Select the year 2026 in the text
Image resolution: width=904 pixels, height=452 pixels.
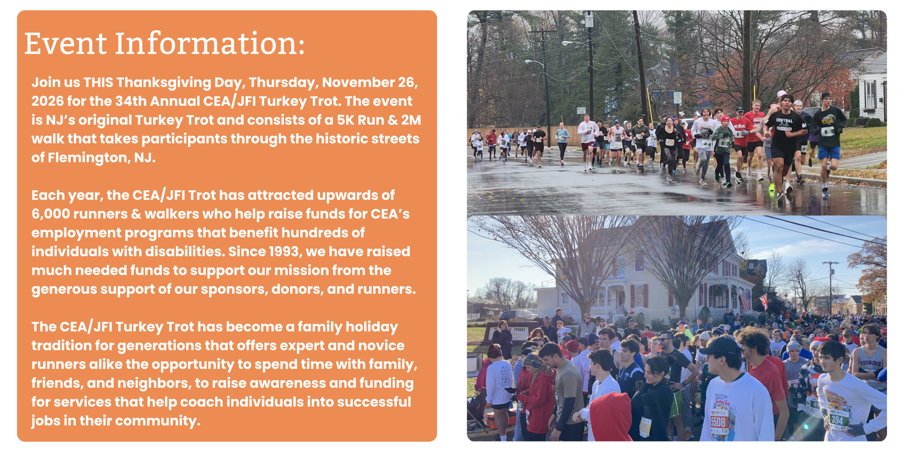(x=47, y=101)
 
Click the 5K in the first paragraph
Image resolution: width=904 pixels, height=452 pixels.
(x=345, y=120)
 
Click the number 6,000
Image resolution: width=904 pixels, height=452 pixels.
(x=51, y=214)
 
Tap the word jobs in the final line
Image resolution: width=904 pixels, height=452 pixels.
(x=46, y=421)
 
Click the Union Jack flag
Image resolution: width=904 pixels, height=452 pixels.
(x=763, y=301)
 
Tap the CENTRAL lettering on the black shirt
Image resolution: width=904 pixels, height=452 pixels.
(x=784, y=121)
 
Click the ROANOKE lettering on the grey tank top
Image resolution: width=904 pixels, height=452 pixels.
(x=870, y=363)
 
